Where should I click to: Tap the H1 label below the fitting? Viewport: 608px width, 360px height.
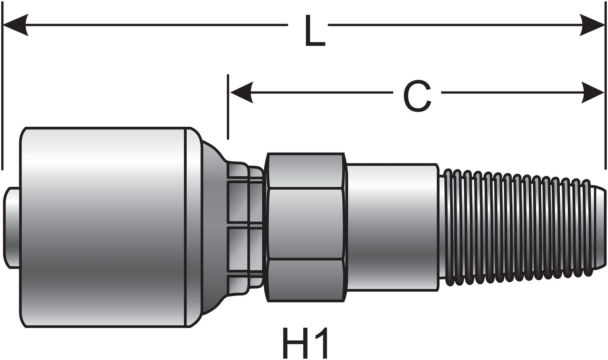click(x=305, y=342)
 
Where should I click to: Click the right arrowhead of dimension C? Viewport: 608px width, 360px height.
click(x=592, y=92)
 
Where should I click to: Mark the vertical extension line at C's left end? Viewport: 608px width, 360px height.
click(x=228, y=107)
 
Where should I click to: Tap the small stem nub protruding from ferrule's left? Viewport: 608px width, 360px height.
click(x=11, y=227)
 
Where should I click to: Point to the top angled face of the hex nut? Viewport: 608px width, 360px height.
click(x=306, y=170)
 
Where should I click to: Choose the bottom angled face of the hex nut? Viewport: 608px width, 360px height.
click(x=306, y=280)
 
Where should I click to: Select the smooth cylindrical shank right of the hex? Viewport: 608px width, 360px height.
click(x=392, y=227)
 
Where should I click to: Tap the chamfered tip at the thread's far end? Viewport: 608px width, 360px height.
click(x=598, y=227)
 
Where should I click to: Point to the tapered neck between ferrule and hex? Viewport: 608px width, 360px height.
click(x=214, y=227)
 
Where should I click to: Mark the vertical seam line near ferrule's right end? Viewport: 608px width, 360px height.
click(x=185, y=227)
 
